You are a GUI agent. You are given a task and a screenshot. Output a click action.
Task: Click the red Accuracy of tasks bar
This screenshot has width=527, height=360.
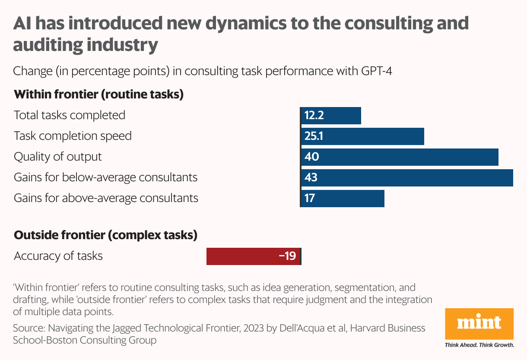tap(242, 256)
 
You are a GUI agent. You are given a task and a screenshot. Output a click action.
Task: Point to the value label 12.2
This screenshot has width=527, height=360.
tap(314, 116)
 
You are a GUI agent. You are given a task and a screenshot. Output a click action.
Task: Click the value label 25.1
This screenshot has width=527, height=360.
tap(314, 136)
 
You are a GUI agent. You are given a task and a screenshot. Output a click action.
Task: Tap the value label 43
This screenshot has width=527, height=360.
tap(311, 177)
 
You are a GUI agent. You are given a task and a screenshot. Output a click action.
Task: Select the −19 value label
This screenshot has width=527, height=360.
tap(287, 256)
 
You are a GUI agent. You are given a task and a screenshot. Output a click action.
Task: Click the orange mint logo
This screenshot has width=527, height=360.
tap(479, 323)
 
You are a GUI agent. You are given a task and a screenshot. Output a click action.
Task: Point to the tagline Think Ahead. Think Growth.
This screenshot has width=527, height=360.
tap(479, 345)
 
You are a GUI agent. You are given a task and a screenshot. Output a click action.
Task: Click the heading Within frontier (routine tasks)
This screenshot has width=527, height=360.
tap(99, 95)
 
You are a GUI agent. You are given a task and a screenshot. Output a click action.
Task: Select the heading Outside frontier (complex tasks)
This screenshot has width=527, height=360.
tap(106, 235)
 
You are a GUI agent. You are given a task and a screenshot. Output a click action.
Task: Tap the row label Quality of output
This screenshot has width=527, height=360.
tap(58, 157)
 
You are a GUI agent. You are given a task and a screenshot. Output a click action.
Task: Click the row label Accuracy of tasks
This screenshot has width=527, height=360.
tap(58, 256)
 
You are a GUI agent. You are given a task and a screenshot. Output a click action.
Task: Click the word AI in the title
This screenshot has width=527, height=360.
tap(22, 23)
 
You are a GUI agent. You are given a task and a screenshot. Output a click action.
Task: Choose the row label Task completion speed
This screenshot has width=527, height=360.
tap(73, 136)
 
